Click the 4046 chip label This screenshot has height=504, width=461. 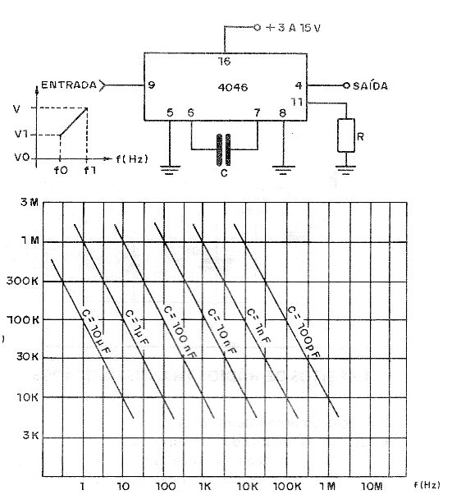click(233, 88)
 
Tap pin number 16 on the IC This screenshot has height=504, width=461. click(224, 61)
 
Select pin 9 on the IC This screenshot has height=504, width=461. click(152, 85)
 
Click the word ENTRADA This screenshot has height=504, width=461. click(69, 85)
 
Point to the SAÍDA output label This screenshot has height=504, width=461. click(371, 86)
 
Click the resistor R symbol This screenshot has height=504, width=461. click(346, 135)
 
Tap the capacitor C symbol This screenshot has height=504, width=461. click(224, 149)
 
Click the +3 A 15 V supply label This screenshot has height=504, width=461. click(293, 28)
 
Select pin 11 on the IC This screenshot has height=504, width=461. click(297, 102)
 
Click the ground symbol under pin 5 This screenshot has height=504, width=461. click(170, 170)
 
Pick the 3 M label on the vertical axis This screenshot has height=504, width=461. click(30, 202)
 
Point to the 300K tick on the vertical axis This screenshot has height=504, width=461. click(22, 281)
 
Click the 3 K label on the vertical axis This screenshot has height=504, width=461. click(30, 435)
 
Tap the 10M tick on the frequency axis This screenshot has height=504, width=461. click(372, 486)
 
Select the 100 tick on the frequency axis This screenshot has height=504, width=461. click(166, 486)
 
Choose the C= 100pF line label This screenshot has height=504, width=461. click(304, 332)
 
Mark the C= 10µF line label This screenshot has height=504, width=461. click(96, 332)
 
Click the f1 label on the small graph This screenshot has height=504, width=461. click(89, 170)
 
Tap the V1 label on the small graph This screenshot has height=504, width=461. click(21, 134)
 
